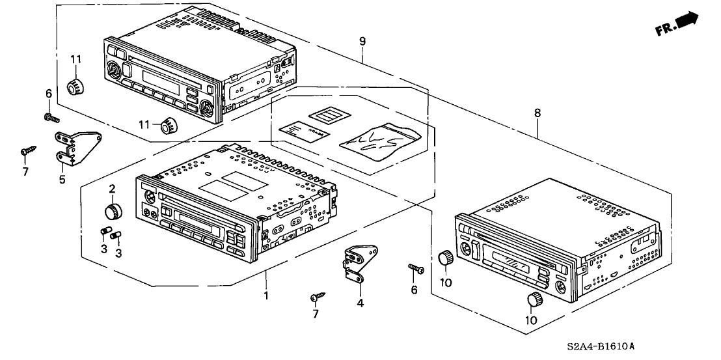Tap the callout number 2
pos(112,189)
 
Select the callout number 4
pos(360,302)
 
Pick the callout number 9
pos(362,41)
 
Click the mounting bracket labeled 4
pos(357,264)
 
